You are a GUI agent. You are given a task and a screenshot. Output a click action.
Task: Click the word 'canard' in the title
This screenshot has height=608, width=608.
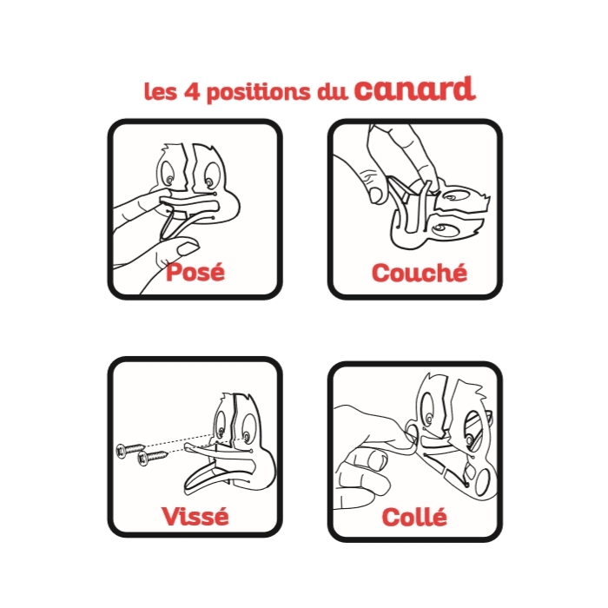pos(415,88)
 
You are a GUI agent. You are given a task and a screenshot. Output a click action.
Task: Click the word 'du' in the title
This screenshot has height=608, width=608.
pos(333,91)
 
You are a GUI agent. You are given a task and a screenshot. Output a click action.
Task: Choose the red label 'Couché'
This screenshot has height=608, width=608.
pos(419,272)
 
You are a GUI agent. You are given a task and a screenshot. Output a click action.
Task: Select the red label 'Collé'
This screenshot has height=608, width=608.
pos(414,517)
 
